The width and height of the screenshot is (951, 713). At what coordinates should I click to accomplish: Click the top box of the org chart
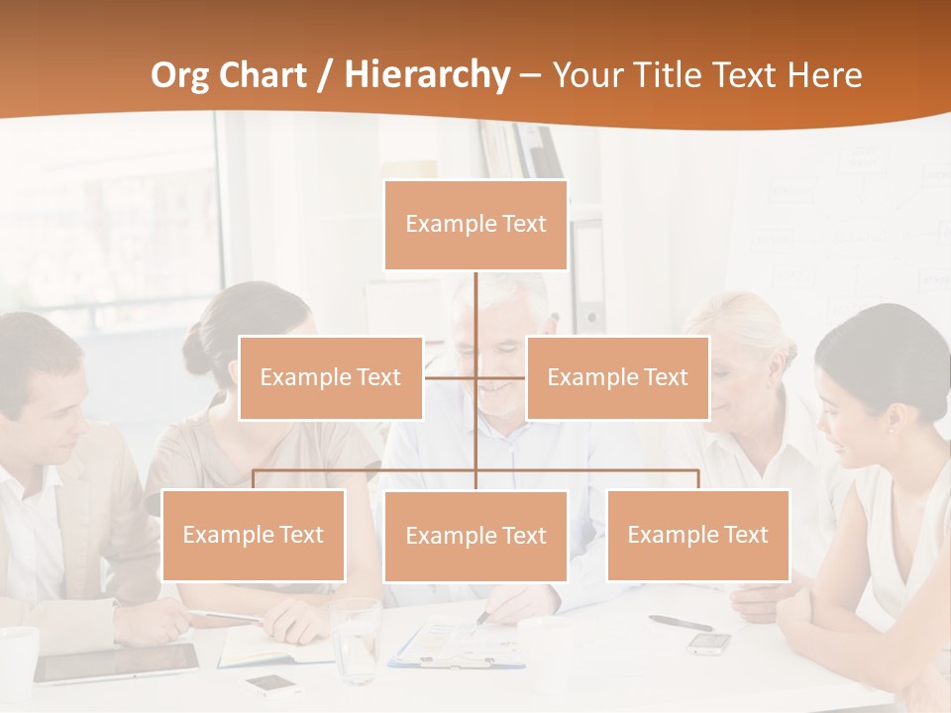475,225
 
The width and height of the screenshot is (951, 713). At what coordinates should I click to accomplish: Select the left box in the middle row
331,377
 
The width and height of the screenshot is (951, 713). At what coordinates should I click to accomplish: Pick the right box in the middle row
617,377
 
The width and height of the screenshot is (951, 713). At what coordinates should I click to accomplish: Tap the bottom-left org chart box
254,535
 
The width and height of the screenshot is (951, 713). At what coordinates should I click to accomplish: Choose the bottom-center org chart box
475,536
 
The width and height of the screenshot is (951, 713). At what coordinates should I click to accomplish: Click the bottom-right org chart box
697,535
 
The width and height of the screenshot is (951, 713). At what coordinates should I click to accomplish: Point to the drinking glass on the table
355,639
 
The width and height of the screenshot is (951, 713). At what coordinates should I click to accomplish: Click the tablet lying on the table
117,662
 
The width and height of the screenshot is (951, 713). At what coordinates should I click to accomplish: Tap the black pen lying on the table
681,623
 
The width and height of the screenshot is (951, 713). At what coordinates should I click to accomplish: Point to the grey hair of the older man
500,292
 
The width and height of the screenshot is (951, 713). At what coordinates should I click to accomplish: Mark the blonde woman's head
743,347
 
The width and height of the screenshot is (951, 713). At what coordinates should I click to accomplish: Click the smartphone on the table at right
709,643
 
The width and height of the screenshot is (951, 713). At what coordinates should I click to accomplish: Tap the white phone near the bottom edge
273,684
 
